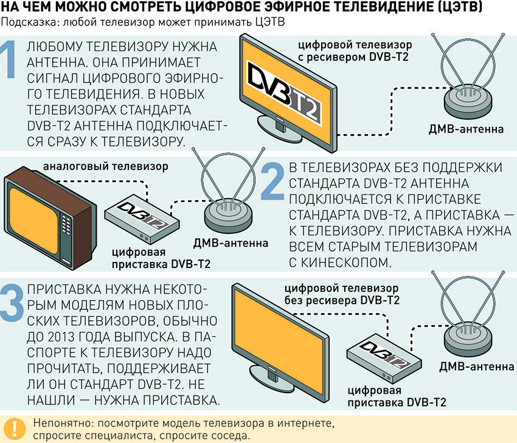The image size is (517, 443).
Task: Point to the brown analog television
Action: pyautogui.click(x=49, y=207)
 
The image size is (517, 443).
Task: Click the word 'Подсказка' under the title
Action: pyautogui.click(x=27, y=22)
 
